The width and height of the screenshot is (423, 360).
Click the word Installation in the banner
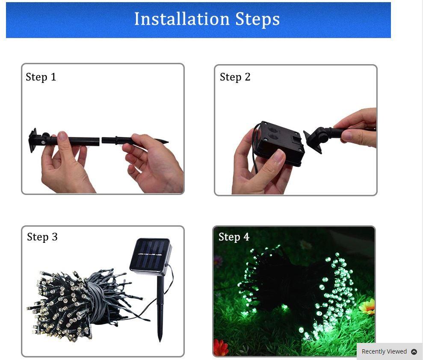point(182,19)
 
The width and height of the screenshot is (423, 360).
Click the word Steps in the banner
point(257,19)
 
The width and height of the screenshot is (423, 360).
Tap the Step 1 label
point(41,77)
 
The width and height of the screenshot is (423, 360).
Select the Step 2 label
point(235,77)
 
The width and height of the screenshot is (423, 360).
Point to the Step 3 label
point(42,237)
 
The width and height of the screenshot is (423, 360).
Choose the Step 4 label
point(234,237)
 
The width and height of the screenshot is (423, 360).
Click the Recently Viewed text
point(384,351)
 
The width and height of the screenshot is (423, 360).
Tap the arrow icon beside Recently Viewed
point(414,351)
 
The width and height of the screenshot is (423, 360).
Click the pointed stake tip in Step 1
point(168,142)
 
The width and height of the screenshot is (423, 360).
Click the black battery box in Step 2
point(279,143)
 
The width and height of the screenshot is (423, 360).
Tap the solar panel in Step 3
point(151,255)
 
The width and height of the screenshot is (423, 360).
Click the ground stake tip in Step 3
point(160,340)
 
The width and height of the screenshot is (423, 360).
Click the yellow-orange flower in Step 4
point(368,307)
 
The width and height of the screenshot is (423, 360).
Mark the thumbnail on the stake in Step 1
point(62,136)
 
